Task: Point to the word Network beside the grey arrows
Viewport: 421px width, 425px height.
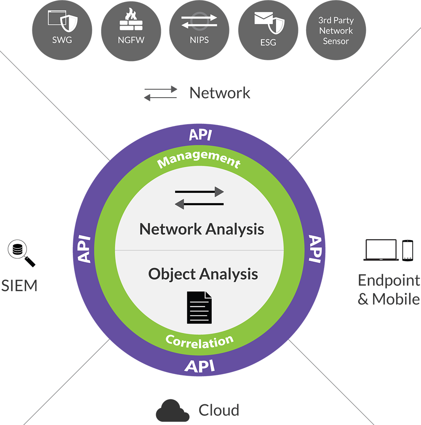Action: click(220, 93)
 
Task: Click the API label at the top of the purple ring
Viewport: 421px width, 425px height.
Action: click(200, 135)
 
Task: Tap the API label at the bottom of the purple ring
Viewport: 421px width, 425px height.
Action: click(200, 365)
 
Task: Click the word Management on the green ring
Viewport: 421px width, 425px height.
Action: click(199, 159)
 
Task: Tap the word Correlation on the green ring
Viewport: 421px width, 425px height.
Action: click(200, 340)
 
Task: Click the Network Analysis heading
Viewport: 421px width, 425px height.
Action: click(202, 229)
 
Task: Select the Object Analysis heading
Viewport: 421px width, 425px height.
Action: click(203, 274)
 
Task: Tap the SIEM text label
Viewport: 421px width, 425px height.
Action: click(19, 286)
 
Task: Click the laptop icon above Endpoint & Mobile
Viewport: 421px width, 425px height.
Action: click(381, 250)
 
